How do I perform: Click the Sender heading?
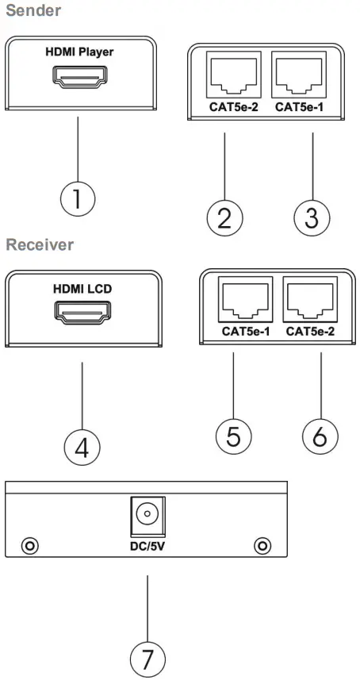coord(33,11)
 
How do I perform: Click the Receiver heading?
coord(40,244)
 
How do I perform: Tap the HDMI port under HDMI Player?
coord(79,78)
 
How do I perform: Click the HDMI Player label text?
coord(79,52)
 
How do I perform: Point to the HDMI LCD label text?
coord(82,289)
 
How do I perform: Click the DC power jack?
coord(145,516)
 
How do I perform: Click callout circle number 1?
coord(78,198)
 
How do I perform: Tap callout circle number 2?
coord(224,216)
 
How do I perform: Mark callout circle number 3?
coord(312,216)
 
